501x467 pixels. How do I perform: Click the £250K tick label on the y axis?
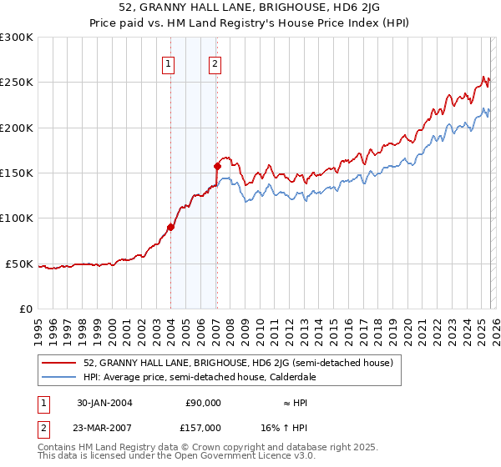16,83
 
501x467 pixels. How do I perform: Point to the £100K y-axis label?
16,218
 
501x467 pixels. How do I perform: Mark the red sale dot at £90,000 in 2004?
170,227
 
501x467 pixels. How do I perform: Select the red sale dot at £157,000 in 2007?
217,166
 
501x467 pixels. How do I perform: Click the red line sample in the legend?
59,363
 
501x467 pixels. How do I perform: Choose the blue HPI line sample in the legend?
59,377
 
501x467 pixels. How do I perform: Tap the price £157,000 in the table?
203,426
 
